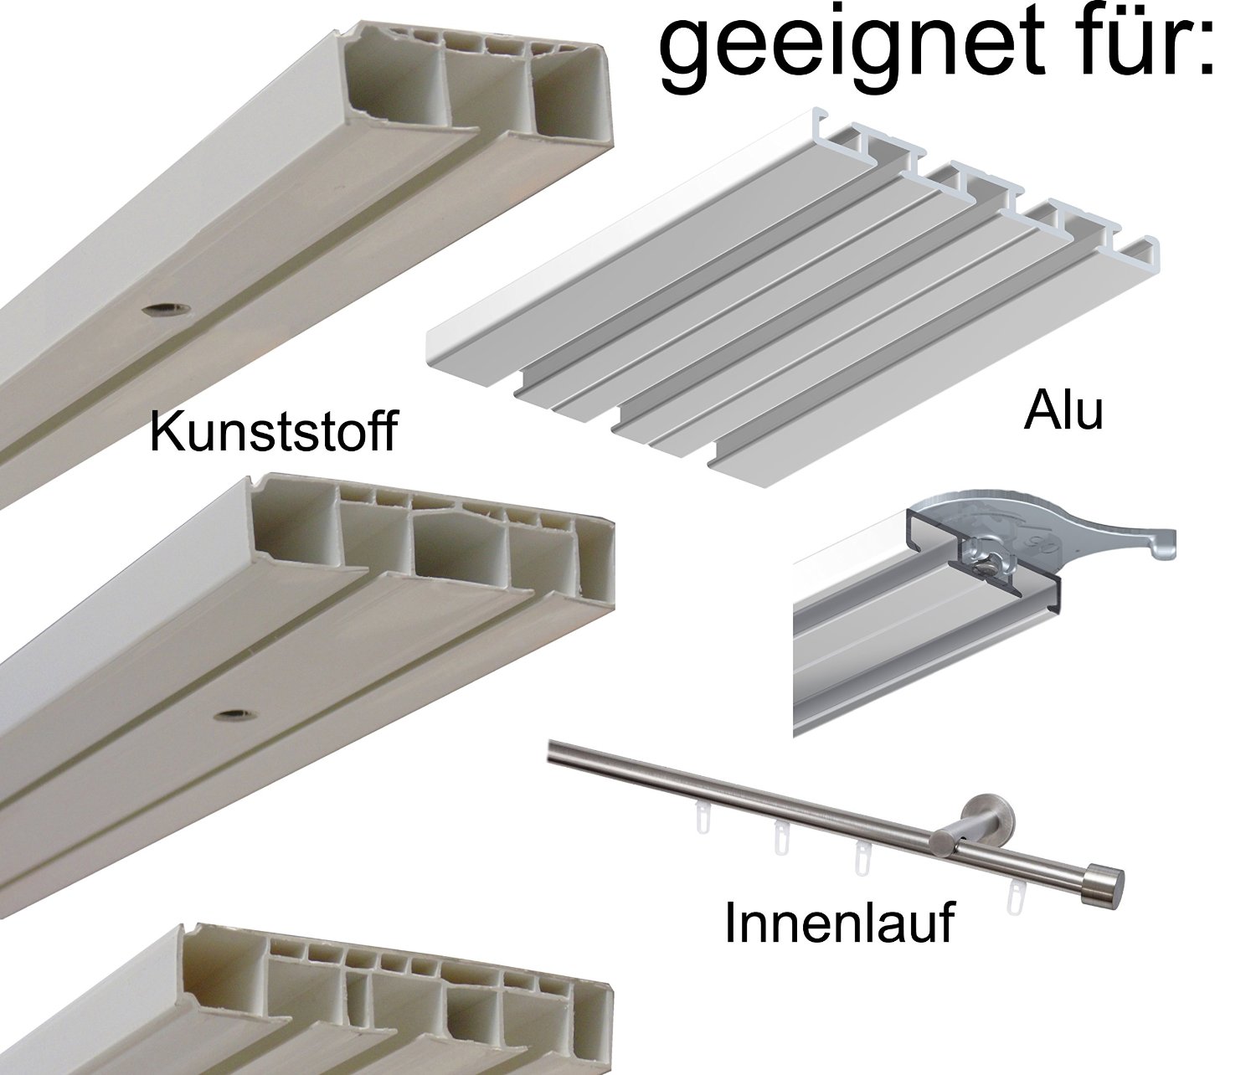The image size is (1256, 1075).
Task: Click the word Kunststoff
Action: pyautogui.click(x=273, y=431)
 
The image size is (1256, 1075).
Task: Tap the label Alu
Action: pyautogui.click(x=1063, y=413)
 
